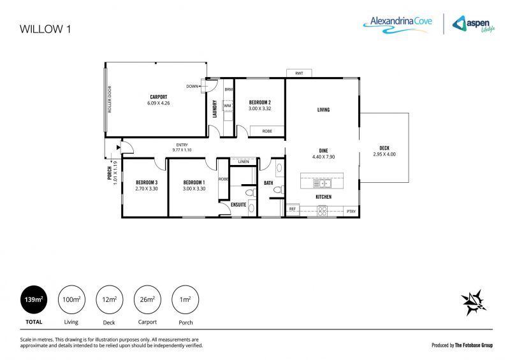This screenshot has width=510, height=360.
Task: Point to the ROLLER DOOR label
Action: tap(109, 100)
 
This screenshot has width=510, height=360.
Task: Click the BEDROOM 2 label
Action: tap(259, 103)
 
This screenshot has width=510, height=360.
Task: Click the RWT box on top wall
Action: tap(299, 73)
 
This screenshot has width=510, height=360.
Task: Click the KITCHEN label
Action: tap(324, 197)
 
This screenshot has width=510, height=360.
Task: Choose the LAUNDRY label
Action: tap(215, 109)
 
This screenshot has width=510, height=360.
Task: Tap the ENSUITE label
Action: tap(238, 205)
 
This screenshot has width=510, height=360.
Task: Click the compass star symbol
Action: tap(474, 302)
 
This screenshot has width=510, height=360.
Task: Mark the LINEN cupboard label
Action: tap(243, 162)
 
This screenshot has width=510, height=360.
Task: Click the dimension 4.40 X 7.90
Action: tap(323, 156)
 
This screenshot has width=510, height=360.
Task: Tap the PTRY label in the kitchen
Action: tap(351, 211)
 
